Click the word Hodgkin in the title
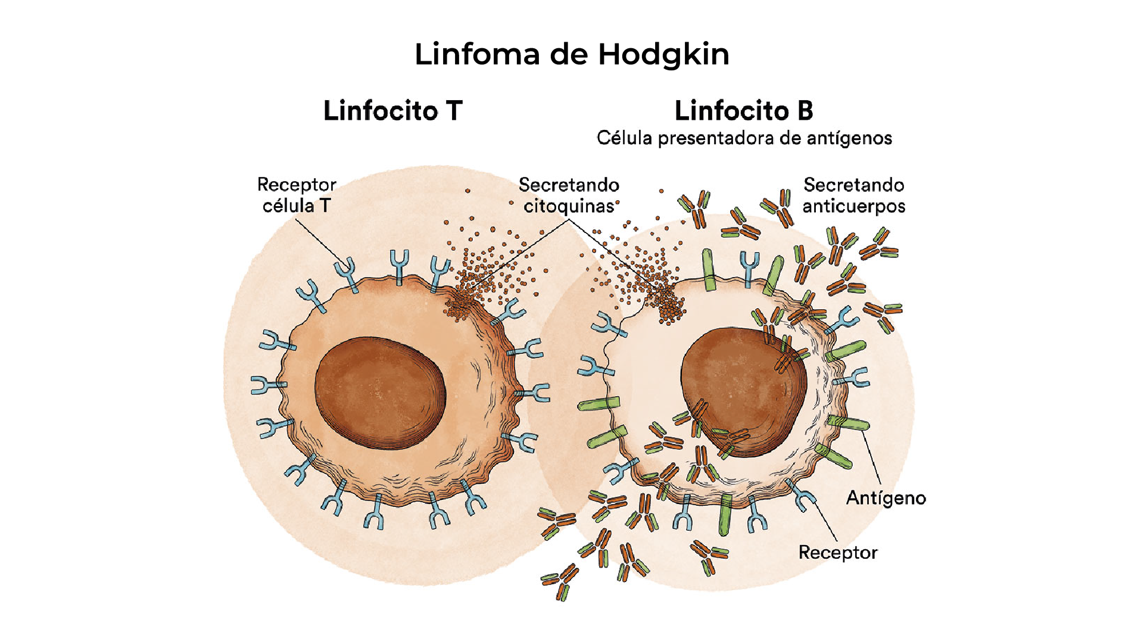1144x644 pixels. [663, 55]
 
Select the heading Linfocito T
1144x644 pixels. [392, 111]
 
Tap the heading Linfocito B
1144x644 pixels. [744, 111]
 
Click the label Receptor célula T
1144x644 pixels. [297, 195]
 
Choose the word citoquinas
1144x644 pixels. [569, 206]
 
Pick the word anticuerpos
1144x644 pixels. [853, 206]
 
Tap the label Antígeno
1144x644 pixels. [886, 498]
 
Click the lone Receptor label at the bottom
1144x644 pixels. [838, 553]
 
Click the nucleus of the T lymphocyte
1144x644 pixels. [380, 393]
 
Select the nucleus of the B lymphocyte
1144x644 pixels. [744, 390]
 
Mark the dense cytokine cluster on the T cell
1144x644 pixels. [462, 304]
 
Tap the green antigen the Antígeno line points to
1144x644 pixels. [849, 424]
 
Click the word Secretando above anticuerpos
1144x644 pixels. [853, 185]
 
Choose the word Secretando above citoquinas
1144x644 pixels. [569, 185]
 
